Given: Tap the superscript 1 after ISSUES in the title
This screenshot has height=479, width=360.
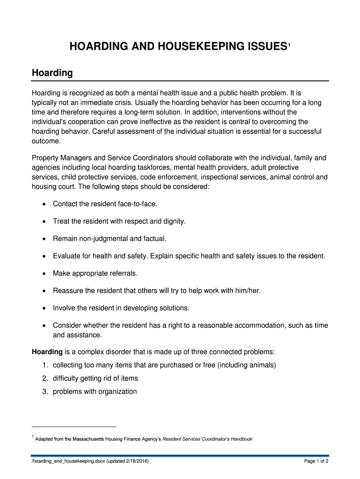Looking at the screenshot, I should (289, 44).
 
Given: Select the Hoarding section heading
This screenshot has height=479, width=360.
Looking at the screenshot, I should (52, 73).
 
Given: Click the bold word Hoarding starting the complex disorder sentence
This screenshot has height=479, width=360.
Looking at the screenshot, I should (47, 351).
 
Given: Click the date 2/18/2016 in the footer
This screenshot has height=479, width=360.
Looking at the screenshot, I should (134, 461).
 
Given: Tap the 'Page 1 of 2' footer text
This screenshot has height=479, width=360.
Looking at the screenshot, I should (316, 461).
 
